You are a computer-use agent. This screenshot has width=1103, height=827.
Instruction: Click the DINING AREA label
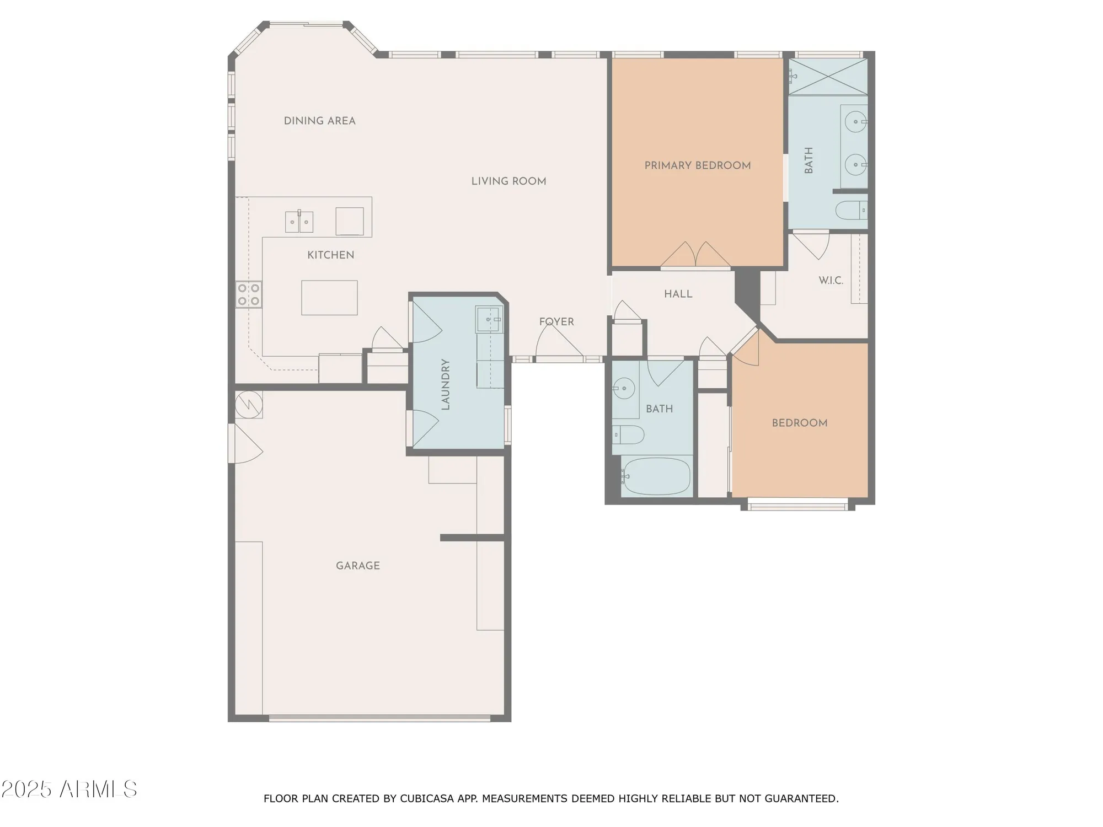tap(319, 121)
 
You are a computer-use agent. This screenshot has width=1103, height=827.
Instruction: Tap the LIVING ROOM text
tap(508, 181)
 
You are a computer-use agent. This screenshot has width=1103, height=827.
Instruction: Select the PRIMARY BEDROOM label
tap(697, 165)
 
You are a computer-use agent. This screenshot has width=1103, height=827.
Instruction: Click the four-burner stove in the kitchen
tap(248, 294)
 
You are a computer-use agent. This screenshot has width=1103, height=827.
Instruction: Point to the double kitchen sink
tap(299, 222)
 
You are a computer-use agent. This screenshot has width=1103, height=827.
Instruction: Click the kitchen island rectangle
tap(329, 298)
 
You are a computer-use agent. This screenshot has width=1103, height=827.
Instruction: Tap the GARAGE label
tap(357, 566)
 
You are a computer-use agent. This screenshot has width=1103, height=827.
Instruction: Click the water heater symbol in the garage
tap(248, 405)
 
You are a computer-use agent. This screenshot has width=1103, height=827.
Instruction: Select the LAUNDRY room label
tap(446, 384)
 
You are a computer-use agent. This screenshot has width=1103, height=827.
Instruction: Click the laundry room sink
tap(489, 320)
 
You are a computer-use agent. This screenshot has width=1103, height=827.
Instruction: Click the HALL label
tap(678, 294)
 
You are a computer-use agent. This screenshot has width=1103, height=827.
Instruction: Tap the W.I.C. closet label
tap(831, 281)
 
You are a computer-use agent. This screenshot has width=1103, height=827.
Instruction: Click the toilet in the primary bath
tap(851, 211)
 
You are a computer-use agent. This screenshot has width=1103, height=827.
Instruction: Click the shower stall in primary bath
tap(827, 77)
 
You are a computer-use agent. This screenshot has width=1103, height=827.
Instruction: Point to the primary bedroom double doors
tap(696, 256)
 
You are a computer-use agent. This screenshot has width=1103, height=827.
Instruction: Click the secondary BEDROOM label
tap(799, 423)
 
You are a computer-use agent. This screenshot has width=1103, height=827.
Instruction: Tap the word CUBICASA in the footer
tap(427, 798)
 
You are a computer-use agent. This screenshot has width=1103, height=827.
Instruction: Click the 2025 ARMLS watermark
tap(69, 790)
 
